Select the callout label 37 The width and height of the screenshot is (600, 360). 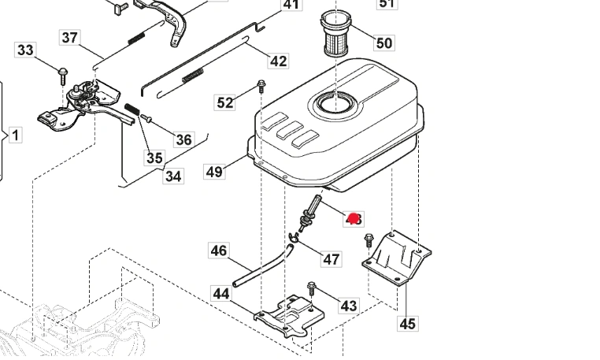click(x=70, y=37)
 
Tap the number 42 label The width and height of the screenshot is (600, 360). click(x=279, y=61)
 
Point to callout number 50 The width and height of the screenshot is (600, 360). click(x=383, y=43)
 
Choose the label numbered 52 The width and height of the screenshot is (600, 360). click(x=225, y=102)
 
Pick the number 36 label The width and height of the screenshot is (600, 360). click(x=183, y=139)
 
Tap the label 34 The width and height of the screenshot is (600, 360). click(x=172, y=176)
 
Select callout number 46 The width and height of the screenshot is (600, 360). click(x=219, y=251)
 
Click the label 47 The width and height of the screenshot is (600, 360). click(x=331, y=258)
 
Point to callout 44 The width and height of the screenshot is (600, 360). click(x=221, y=294)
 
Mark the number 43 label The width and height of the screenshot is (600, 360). click(x=348, y=305)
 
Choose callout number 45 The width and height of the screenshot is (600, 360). click(x=407, y=322)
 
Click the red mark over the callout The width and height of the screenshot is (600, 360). click(x=354, y=218)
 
